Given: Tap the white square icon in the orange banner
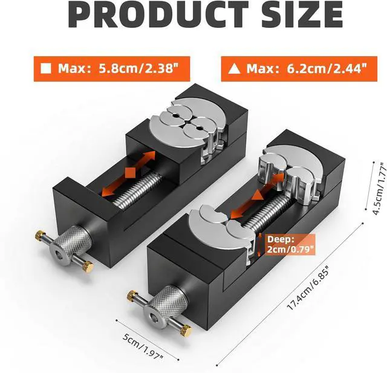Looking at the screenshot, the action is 46,68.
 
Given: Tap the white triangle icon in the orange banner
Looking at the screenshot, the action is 234,68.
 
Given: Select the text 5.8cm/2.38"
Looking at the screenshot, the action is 139,68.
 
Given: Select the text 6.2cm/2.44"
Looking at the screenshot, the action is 327,68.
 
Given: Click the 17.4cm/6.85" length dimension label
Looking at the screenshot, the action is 308,288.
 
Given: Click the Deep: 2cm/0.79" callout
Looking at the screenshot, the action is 291,245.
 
